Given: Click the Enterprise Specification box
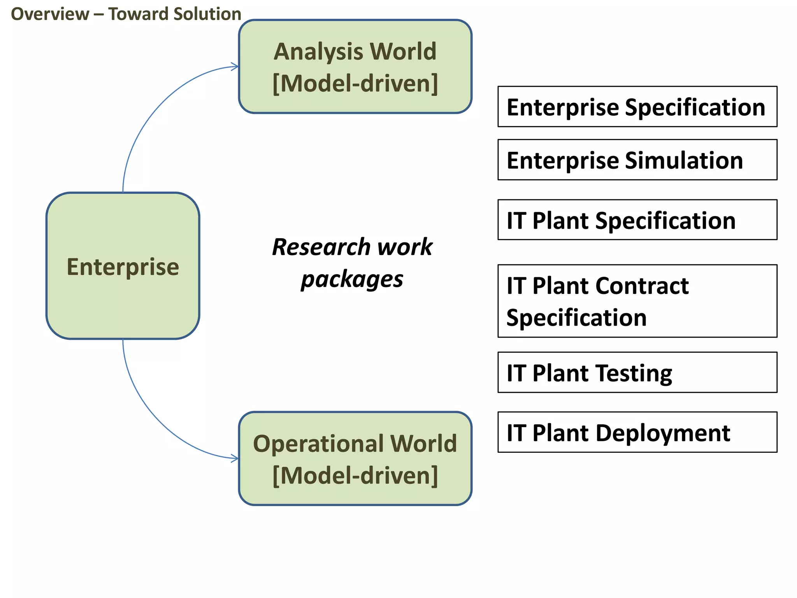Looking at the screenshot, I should click(637, 107).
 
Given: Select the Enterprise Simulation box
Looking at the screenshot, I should click(637, 160).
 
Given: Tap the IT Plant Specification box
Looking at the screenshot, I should click(637, 220).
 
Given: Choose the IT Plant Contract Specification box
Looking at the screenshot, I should click(637, 301).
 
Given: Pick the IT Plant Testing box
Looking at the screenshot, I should click(637, 372).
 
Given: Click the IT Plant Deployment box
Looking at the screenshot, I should click(637, 432).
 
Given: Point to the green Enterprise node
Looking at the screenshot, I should click(123, 266).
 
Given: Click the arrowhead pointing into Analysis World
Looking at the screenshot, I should click(235, 67).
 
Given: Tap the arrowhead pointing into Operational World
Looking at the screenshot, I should click(235, 459).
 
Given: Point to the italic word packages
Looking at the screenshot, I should click(352, 280).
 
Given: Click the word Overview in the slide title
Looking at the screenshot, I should click(50, 14).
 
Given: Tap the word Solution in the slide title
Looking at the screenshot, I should click(207, 14).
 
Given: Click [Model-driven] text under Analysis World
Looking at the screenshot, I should click(355, 83).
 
